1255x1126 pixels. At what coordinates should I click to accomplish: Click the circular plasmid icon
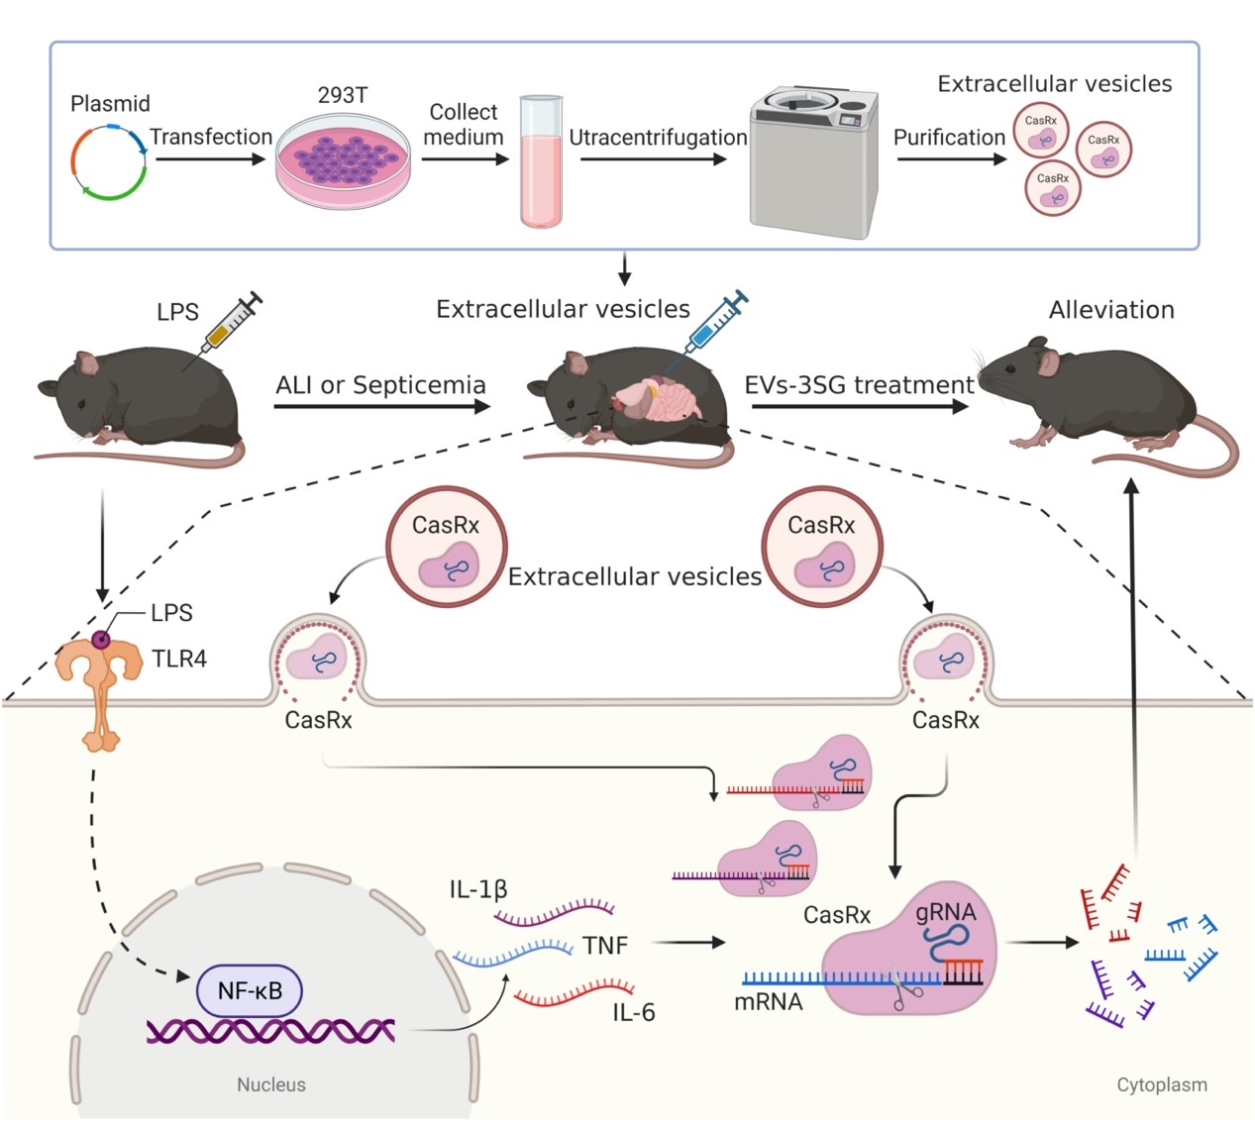[109, 161]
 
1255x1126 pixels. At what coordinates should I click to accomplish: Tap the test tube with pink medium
[541, 162]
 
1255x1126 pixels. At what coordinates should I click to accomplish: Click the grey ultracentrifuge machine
[812, 163]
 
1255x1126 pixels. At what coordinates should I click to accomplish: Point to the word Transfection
[211, 137]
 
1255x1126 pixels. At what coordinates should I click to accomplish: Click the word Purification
[949, 138]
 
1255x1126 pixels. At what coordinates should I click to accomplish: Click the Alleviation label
[1111, 310]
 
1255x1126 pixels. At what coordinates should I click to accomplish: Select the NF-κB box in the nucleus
[250, 989]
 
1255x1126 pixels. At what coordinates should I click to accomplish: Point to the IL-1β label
[478, 889]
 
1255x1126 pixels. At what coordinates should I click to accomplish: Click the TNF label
[605, 946]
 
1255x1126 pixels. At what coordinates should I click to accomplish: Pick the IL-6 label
[634, 1012]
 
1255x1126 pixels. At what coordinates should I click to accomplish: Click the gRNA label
[945, 912]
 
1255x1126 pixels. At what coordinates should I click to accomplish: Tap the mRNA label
[768, 1002]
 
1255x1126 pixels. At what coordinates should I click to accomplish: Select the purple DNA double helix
[270, 1031]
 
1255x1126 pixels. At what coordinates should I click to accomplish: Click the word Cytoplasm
[1162, 1084]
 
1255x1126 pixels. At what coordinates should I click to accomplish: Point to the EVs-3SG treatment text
[860, 385]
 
